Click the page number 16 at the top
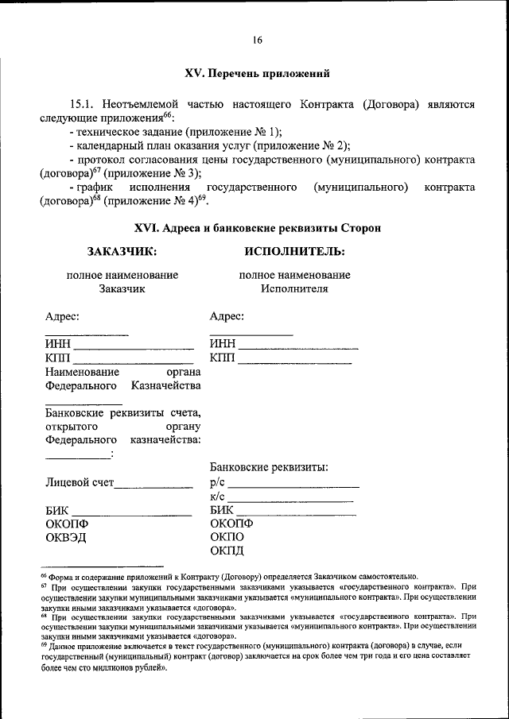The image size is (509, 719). tap(257, 41)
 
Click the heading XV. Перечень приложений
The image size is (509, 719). tap(257, 73)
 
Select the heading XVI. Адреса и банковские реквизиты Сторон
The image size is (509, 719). tap(257, 227)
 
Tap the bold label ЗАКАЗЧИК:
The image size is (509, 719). tap(122, 252)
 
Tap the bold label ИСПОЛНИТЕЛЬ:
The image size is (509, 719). tap(294, 252)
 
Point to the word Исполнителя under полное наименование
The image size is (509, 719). tap(294, 288)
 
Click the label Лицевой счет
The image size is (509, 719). tap(80, 481)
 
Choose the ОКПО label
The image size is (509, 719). tap(227, 537)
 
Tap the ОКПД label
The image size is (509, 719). tap(227, 551)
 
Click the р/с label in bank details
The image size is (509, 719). tap(218, 481)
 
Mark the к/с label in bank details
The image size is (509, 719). tap(218, 496)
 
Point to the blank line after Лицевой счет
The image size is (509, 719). tap(154, 485)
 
